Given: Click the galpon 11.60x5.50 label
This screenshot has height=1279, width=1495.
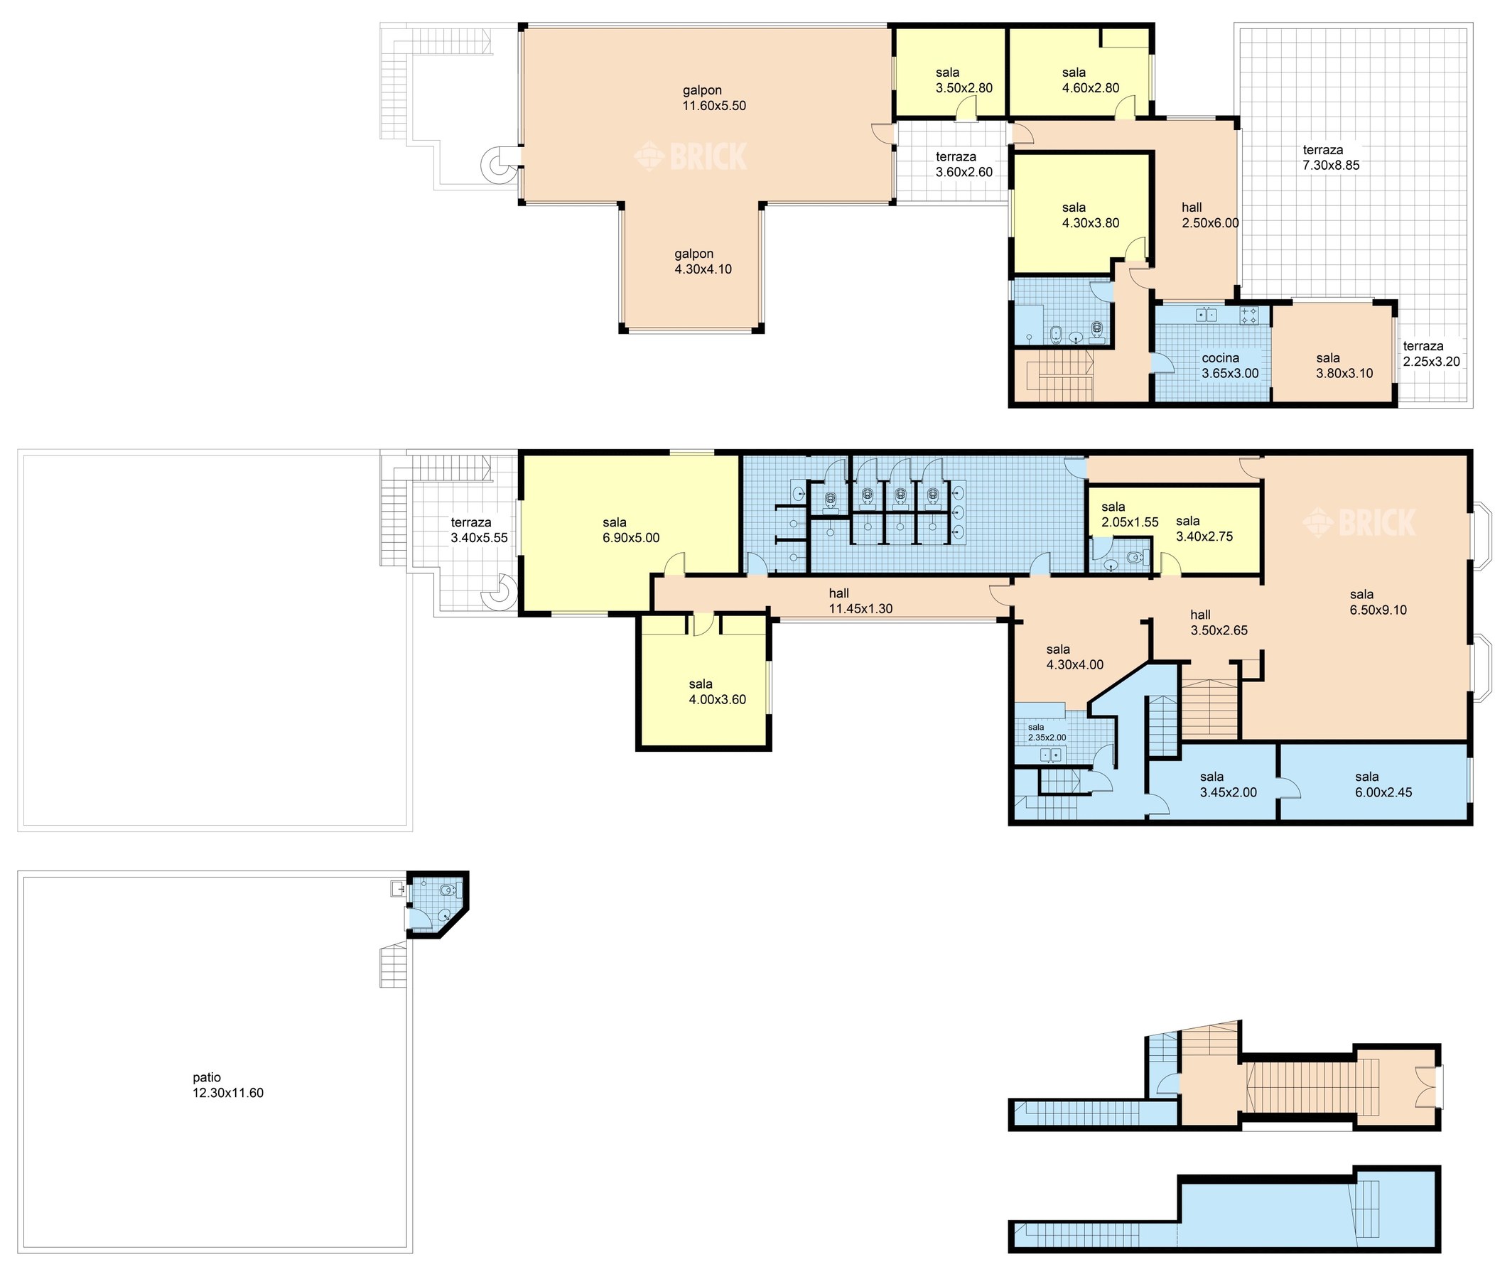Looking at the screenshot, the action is [713, 98].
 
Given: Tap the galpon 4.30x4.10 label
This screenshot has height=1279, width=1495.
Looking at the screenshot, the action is [703, 261].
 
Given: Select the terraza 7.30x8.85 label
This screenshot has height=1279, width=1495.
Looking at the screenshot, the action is [1330, 157].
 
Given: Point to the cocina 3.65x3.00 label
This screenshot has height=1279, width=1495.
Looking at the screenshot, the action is [1229, 366].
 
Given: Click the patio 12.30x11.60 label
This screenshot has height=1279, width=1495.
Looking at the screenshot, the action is [227, 1085].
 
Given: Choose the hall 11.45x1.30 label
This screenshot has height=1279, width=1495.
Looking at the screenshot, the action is [860, 601].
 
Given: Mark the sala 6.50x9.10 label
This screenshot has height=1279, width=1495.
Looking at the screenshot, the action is [1377, 603].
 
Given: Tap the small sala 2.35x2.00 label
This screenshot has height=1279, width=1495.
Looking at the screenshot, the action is [1046, 733].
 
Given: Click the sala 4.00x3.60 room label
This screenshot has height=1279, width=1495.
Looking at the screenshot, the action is [717, 692].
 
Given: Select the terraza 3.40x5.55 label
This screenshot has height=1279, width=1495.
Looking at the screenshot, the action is [479, 530].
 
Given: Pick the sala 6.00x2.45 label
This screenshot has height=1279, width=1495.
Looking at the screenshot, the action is [1383, 784].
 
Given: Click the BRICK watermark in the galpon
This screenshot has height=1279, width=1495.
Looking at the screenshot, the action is [691, 156].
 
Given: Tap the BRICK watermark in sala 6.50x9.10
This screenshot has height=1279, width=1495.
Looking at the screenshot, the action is [1359, 522].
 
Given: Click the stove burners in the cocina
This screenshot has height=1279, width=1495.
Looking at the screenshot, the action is [1249, 315].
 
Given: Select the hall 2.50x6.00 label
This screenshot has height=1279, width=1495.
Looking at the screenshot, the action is [1210, 215].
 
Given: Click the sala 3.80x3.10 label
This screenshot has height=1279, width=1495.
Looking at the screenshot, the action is [1344, 366].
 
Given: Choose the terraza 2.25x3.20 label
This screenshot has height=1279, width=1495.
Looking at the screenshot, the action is [1432, 353].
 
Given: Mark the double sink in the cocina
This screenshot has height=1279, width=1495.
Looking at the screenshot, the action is [1207, 315].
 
